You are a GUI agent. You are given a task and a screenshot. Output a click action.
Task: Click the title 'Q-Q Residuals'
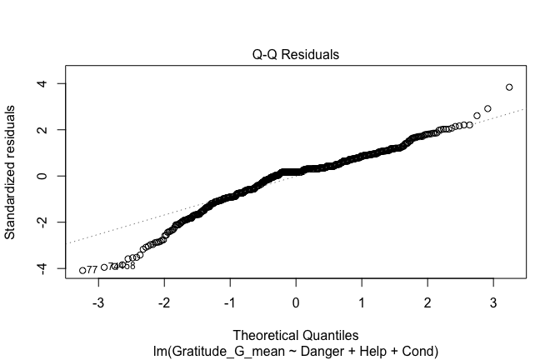point(296,55)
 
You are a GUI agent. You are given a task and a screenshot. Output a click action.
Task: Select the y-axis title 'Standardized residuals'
point(12,172)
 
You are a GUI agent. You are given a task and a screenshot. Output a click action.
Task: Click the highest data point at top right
point(509,87)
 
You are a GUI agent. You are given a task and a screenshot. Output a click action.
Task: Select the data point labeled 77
point(82,270)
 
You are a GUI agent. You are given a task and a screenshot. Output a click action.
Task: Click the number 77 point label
point(92,270)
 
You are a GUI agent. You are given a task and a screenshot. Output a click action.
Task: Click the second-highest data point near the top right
point(488,108)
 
